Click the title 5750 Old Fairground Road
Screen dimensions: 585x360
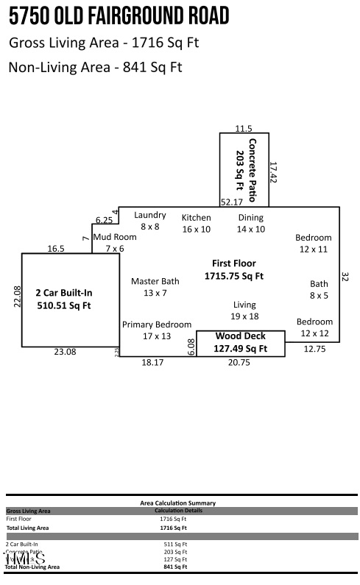pos(119,16)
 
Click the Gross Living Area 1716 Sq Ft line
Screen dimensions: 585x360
pos(104,43)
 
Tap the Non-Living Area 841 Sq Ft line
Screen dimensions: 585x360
pos(95,68)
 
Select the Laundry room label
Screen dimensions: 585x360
pos(149,221)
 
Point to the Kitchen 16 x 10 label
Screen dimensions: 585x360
pos(196,223)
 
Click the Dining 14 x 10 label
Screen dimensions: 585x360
pos(250,223)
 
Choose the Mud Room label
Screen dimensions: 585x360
pos(114,243)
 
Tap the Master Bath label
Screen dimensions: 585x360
pos(155,287)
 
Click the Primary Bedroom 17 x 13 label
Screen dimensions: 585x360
pos(156,330)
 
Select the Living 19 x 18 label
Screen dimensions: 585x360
pos(244,310)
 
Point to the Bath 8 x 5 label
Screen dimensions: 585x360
pos(319,289)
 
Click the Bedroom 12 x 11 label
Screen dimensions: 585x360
pos(314,243)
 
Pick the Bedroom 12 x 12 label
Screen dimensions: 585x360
pos(314,327)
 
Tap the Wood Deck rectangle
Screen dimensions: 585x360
pos(240,343)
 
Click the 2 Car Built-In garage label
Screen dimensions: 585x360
pos(64,298)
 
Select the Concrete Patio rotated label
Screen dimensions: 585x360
pos(245,169)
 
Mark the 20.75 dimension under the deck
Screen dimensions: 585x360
pos(239,362)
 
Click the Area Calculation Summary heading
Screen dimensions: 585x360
pos(177,503)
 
